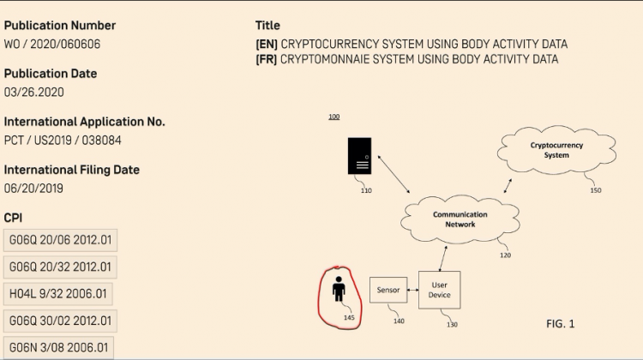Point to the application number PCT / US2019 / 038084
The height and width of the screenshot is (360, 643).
[x=74, y=140]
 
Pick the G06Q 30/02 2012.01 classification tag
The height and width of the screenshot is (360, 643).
[x=60, y=321]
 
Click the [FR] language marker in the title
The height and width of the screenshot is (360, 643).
[x=266, y=59]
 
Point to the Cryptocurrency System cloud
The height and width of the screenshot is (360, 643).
[x=556, y=151]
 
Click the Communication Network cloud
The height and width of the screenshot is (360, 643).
[x=460, y=219]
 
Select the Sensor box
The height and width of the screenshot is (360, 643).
[x=388, y=290]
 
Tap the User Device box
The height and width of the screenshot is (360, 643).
[x=440, y=290]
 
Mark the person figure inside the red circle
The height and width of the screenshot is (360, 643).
[x=339, y=289]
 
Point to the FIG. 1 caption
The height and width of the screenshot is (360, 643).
[x=560, y=323]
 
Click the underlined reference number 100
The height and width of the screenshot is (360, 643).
[x=334, y=116]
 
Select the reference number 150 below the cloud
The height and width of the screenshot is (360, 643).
[x=596, y=190]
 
